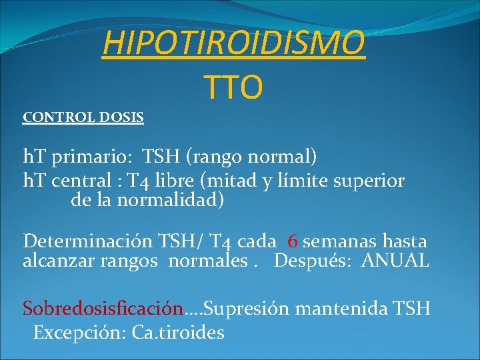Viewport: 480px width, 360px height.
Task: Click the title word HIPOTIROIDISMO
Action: pos(234,45)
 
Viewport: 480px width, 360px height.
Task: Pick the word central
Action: pos(84,181)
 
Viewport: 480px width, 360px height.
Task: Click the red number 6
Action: pos(293,241)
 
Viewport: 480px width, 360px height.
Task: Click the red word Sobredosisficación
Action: pos(103,309)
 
